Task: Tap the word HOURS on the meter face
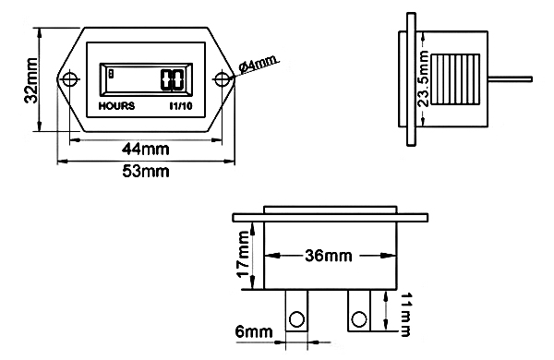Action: click(x=116, y=106)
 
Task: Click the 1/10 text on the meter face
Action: click(x=181, y=106)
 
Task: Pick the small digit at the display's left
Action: click(x=111, y=73)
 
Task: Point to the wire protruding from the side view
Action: click(x=513, y=78)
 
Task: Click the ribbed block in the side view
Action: click(x=456, y=79)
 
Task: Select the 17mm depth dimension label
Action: click(x=244, y=256)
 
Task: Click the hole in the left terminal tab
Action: click(x=296, y=319)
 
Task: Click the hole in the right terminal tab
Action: click(x=355, y=319)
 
